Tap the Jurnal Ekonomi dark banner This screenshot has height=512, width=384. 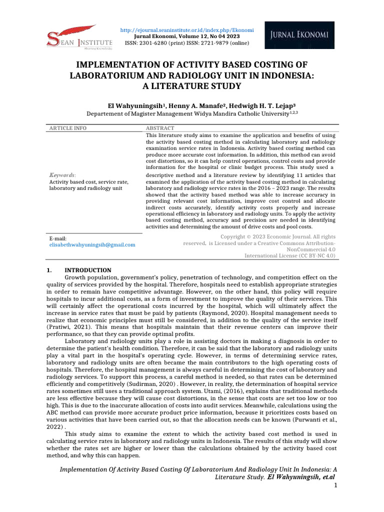(300, 35)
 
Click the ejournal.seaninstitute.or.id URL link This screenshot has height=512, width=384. (187, 30)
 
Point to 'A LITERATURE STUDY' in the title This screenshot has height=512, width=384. (191, 86)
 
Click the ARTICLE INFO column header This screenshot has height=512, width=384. (67, 128)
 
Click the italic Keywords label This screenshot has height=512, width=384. (62, 175)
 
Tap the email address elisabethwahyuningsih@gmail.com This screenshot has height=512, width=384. (92, 245)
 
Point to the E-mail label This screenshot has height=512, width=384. (58, 238)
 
